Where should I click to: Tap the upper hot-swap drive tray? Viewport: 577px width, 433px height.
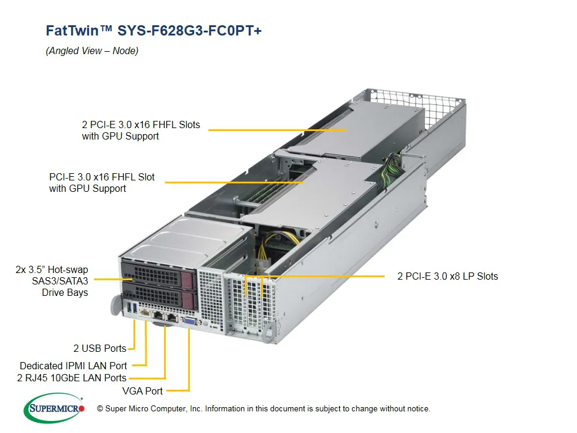(x=159, y=274)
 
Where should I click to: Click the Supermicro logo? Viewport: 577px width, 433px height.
(x=54, y=408)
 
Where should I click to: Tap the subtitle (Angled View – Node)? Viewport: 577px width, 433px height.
(x=92, y=51)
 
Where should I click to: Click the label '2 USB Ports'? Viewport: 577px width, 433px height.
(x=100, y=348)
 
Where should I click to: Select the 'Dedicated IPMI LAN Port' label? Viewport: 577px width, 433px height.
(x=73, y=366)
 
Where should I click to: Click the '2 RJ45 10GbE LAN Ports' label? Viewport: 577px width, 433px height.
(x=72, y=378)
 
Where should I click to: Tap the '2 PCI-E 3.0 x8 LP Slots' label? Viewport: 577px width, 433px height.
(x=447, y=277)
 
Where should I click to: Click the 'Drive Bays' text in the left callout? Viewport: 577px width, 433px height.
(x=65, y=293)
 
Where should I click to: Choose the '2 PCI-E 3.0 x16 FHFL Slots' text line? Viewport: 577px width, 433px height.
(x=141, y=125)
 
